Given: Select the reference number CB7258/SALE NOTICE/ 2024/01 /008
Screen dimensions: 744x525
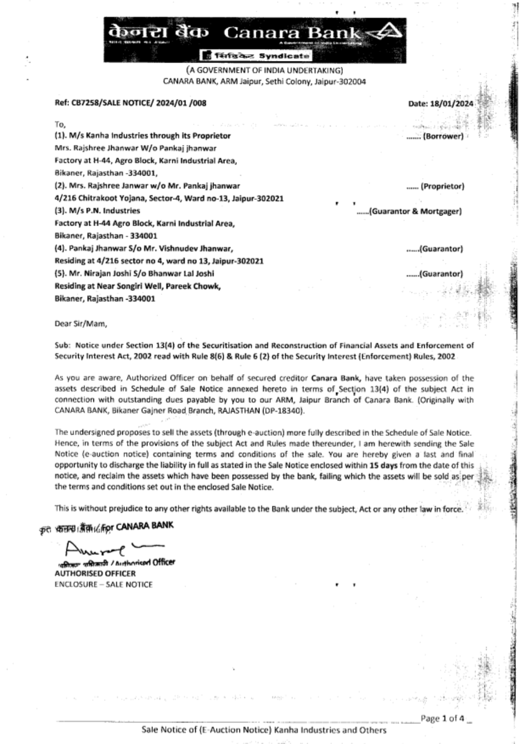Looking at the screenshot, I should coord(131,103).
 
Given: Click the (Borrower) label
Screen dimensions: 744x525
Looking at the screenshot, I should coord(444,136).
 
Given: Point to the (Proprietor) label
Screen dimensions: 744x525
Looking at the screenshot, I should coord(443,186).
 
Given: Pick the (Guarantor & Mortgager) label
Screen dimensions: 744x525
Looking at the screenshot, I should coord(416,211).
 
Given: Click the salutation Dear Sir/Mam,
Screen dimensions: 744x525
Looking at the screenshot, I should coord(81,324).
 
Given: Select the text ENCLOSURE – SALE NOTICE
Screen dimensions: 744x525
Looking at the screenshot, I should coord(103,584).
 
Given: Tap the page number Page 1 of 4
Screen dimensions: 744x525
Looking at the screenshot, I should coord(442,719).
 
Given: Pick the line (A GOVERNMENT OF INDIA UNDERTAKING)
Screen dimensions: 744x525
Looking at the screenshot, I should coord(265,70).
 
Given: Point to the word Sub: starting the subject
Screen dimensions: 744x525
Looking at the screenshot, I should coord(62,345).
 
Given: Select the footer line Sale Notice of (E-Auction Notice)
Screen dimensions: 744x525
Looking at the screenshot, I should coord(264,730).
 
